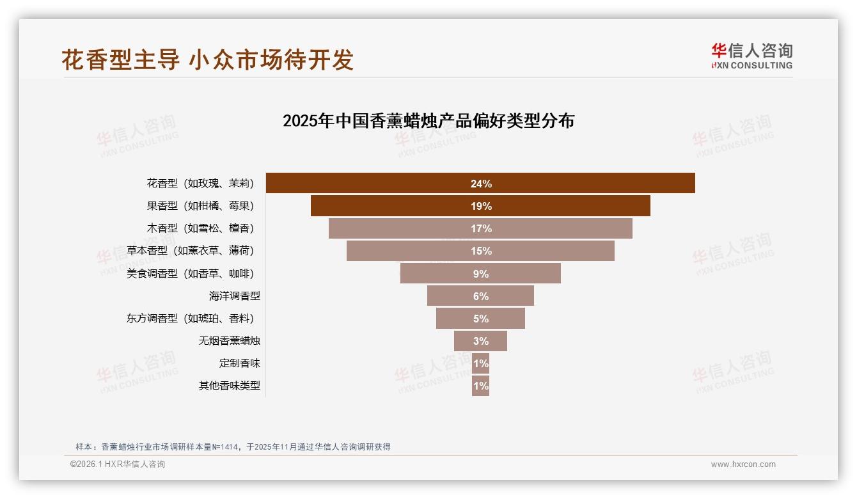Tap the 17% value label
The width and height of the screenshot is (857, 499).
tap(481, 228)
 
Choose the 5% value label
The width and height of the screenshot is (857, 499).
tap(481, 319)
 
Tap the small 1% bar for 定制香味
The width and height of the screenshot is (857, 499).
tap(481, 363)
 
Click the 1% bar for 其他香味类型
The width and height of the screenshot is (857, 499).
tap(481, 386)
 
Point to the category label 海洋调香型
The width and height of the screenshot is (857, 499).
tap(234, 296)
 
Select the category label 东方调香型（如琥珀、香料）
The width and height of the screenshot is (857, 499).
tap(190, 319)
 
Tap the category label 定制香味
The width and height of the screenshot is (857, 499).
tap(239, 363)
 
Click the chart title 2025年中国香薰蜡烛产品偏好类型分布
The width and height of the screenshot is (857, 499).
tap(428, 120)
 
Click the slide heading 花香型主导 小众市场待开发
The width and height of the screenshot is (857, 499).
tap(207, 59)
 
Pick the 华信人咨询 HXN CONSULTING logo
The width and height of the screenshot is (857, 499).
tap(751, 56)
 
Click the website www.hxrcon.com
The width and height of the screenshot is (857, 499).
tap(743, 464)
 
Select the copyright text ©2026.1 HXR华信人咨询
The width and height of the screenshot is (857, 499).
tap(117, 464)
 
